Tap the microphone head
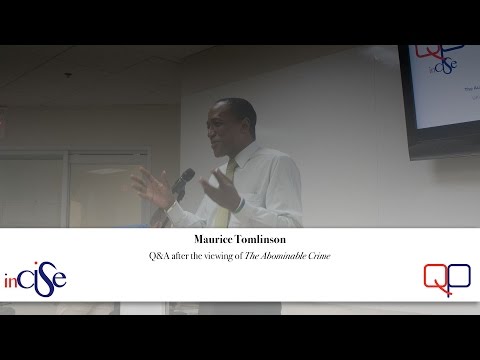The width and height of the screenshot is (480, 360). pos(185,178)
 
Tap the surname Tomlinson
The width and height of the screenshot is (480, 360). pos(264,241)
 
